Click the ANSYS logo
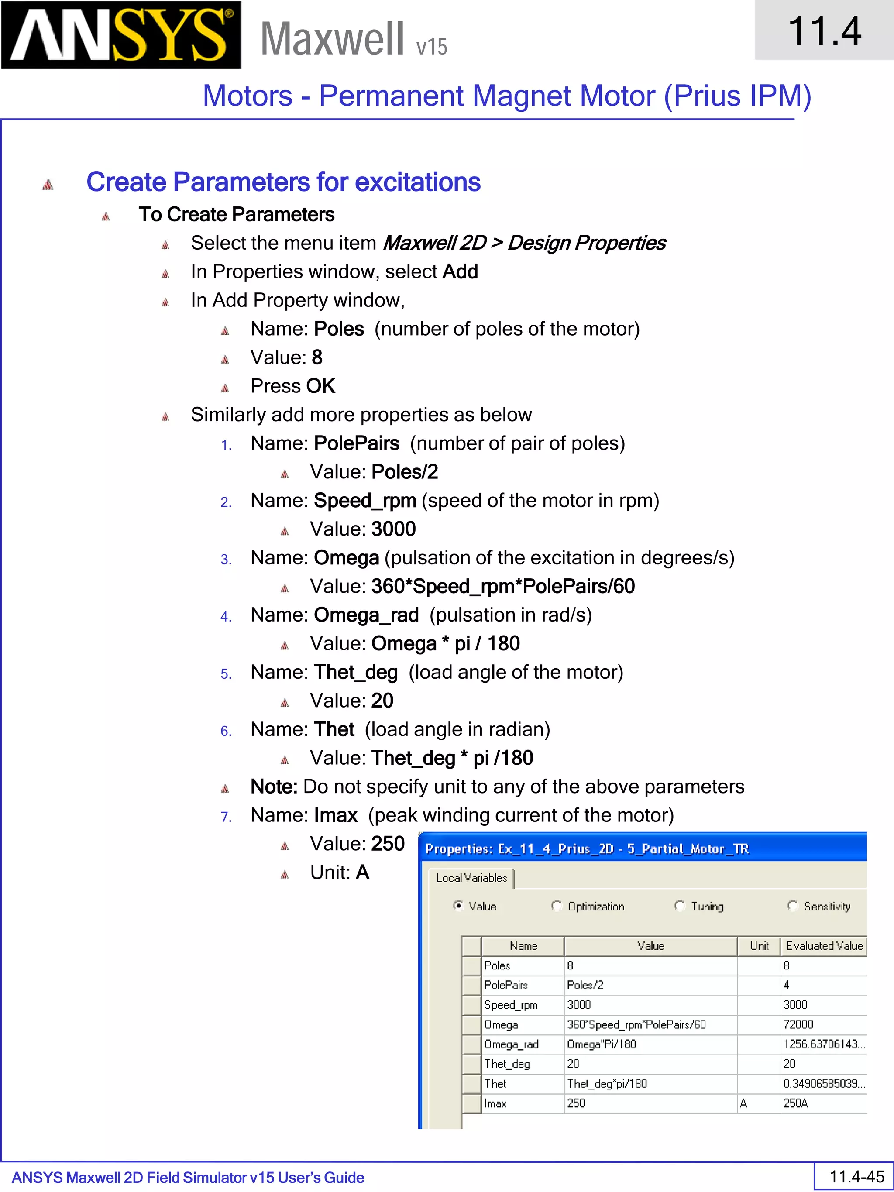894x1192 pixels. [121, 35]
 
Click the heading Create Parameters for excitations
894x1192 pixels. [283, 182]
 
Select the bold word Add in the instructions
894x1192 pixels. [460, 271]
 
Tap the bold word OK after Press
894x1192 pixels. [321, 386]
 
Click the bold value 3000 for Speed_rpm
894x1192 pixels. [393, 529]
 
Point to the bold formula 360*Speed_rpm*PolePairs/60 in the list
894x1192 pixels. [503, 586]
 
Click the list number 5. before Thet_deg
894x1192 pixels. [226, 674]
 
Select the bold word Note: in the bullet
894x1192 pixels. [274, 787]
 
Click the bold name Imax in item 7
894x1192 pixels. [336, 815]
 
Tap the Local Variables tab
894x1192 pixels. [471, 878]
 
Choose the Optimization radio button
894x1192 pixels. [557, 906]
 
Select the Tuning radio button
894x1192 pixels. [680, 906]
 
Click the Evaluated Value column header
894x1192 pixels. [824, 946]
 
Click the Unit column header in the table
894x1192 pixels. [759, 946]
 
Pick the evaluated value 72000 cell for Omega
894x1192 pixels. [798, 1024]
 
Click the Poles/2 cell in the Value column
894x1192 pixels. [585, 985]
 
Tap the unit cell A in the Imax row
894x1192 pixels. [744, 1103]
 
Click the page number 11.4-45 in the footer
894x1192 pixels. [856, 1176]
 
